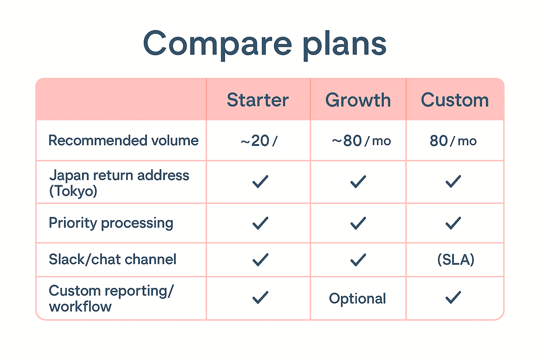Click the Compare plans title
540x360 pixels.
(265, 44)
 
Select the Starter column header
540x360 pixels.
(258, 100)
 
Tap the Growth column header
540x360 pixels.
(358, 100)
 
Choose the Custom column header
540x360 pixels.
(455, 100)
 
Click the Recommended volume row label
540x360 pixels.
(123, 141)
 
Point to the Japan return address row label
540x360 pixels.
(119, 183)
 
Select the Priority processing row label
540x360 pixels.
(111, 223)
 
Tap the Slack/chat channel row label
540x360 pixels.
(112, 259)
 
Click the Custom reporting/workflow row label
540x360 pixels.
(111, 298)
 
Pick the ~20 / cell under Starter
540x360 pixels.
(259, 141)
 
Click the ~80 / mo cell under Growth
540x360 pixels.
(361, 141)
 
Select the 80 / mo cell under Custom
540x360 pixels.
(453, 141)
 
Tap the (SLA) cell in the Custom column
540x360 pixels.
(456, 260)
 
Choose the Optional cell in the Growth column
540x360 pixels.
(357, 298)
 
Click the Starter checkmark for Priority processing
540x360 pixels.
(260, 223)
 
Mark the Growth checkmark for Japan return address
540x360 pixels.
(358, 182)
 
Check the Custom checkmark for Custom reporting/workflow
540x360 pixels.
(453, 297)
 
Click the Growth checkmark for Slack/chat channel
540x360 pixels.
(358, 260)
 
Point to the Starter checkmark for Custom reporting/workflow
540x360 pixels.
(260, 297)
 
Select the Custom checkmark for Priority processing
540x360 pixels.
(453, 223)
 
